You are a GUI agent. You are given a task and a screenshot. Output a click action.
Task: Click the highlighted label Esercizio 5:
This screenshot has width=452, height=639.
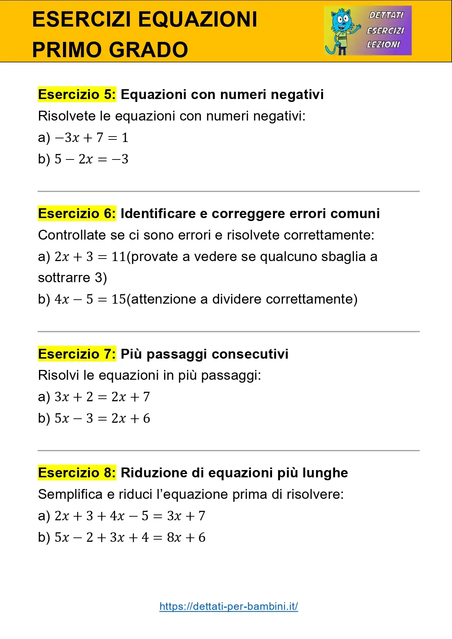coord(77,94)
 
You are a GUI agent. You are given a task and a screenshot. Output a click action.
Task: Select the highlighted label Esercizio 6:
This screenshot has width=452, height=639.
coord(77,213)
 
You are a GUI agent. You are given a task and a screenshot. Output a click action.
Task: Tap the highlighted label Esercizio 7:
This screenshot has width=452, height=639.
coord(77,354)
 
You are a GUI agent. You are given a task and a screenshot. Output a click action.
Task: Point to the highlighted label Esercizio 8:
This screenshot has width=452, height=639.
coord(77,473)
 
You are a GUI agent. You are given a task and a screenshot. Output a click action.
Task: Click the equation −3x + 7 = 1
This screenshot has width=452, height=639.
coord(91,138)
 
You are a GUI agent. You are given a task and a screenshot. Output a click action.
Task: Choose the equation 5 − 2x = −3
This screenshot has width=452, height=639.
coord(91,159)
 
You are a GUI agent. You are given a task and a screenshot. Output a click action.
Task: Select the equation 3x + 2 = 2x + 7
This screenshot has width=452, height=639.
coord(102,397)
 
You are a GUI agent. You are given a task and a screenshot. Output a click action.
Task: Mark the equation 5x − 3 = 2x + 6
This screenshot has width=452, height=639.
coord(102,418)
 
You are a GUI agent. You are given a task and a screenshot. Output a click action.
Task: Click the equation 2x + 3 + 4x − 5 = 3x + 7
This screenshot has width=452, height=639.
coord(130,516)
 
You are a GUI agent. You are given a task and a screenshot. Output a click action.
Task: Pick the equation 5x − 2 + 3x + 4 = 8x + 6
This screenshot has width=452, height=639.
coord(130,537)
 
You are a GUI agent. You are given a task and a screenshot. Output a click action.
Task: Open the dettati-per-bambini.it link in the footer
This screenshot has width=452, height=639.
coord(229,606)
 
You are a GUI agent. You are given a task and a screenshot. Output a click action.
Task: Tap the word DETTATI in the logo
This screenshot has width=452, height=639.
coord(386,15)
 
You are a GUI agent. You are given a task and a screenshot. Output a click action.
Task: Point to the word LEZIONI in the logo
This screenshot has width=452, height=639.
coord(383,44)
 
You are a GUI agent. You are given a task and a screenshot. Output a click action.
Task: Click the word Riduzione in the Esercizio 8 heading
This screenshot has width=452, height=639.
coord(154,473)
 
